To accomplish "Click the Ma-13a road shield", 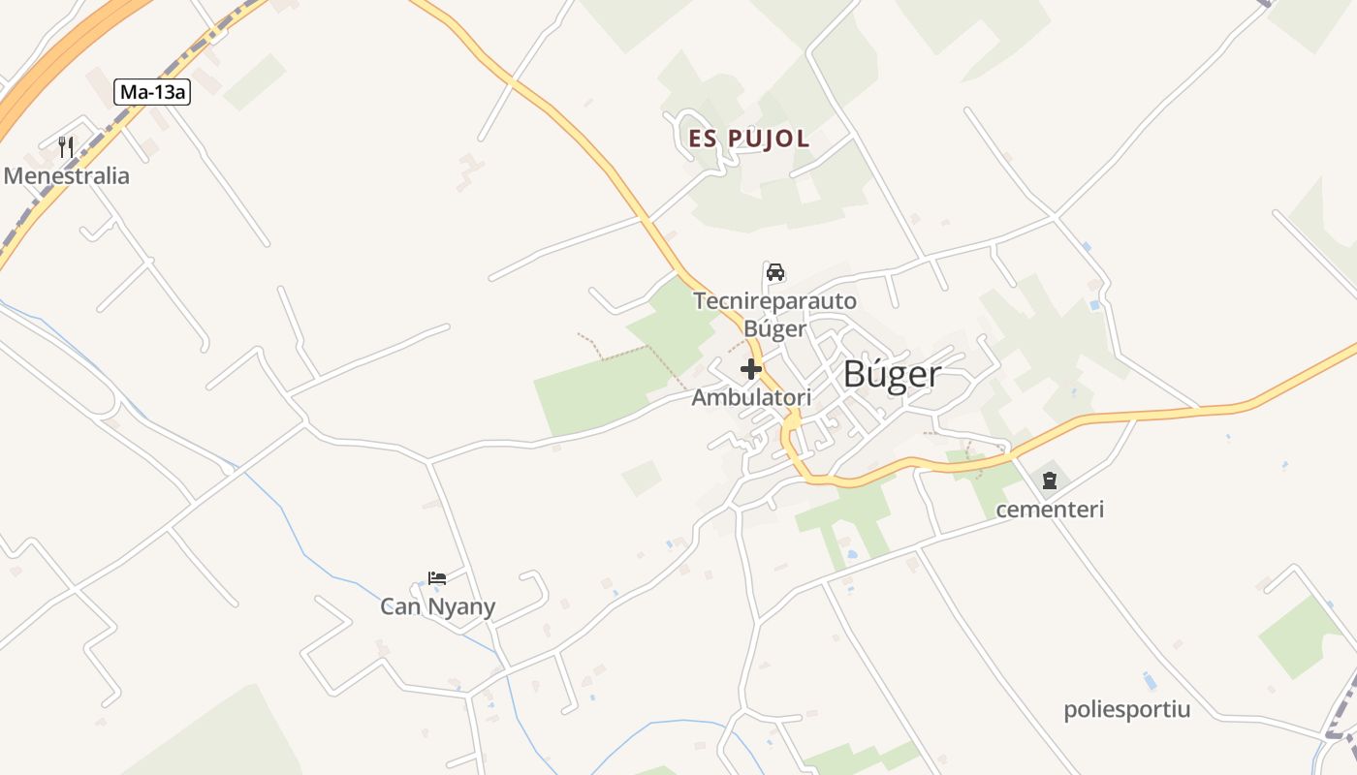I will [x=152, y=92].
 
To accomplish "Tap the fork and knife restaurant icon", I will [x=66, y=147].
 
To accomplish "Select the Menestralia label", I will [x=67, y=176].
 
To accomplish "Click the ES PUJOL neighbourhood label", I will [x=748, y=139].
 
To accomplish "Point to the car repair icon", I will [x=775, y=272].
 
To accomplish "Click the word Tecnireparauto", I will [x=774, y=301].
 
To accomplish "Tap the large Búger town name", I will [x=892, y=374].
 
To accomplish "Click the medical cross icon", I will [x=751, y=369].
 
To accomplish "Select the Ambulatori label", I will [x=751, y=397].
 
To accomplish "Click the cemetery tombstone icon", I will [x=1050, y=480].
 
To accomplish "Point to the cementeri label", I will [x=1050, y=510].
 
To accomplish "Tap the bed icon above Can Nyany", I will [x=437, y=578].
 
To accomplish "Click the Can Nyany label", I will [x=437, y=607].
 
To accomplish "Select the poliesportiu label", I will [x=1126, y=709].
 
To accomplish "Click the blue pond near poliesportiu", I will [x=1150, y=680].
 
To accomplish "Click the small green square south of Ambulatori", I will [x=642, y=479].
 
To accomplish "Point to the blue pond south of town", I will [x=851, y=555].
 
